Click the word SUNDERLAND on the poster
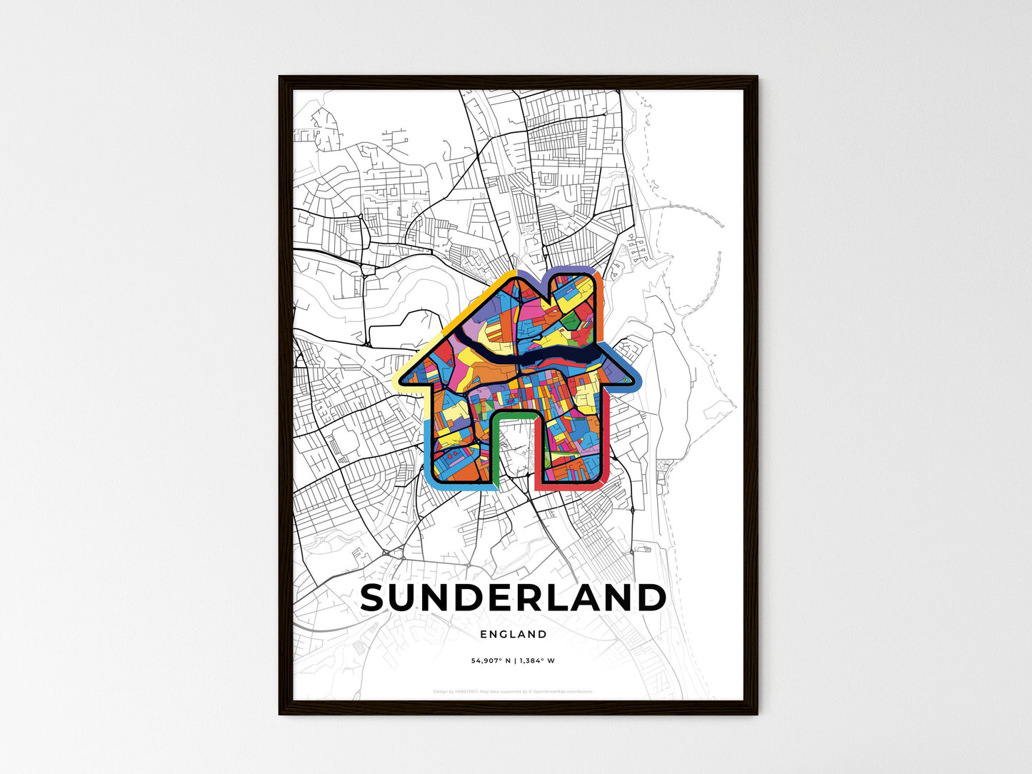(x=513, y=598)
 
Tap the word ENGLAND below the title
(x=514, y=634)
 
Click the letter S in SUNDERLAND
(x=377, y=598)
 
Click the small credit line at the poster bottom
(x=513, y=691)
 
